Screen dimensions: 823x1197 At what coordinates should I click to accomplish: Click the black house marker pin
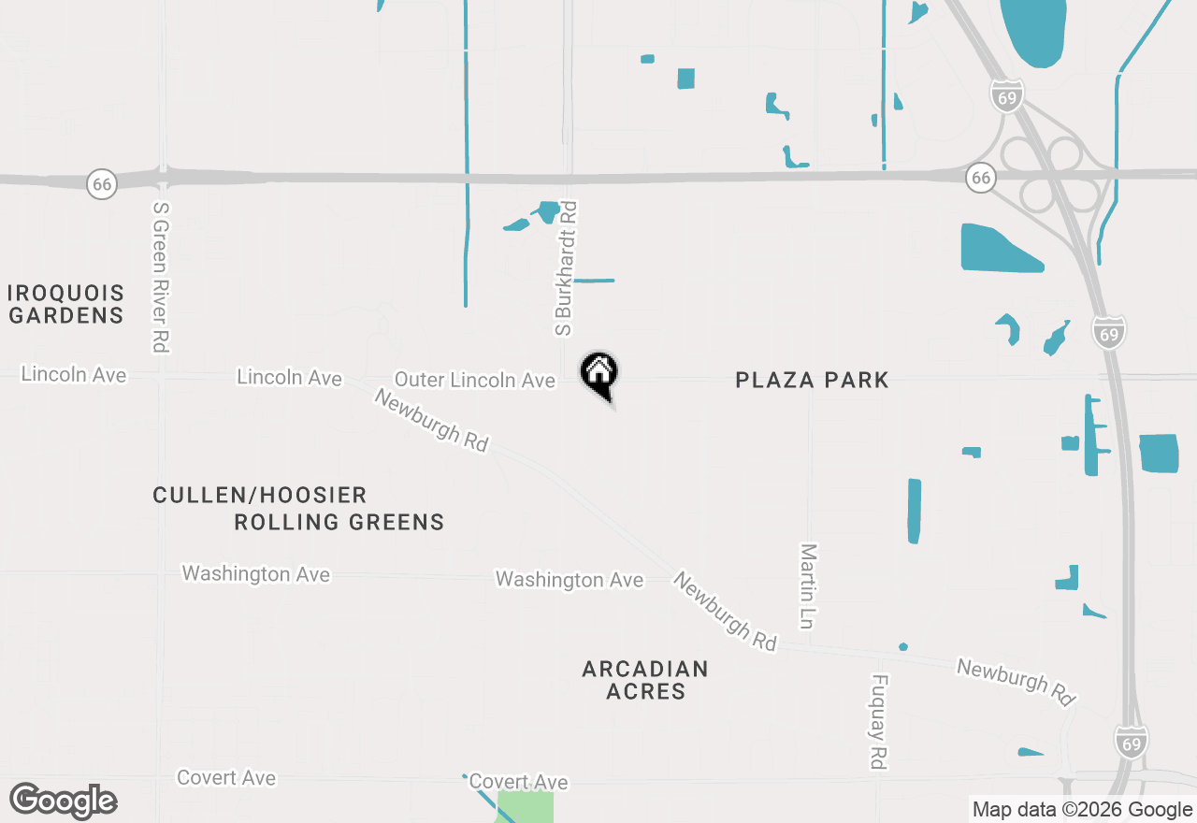599,374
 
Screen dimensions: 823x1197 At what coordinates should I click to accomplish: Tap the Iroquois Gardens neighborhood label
65,304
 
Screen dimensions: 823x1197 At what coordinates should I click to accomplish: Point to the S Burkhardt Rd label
566,268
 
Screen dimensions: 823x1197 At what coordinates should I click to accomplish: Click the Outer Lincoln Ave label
475,380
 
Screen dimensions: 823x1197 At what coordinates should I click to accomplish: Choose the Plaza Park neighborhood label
812,380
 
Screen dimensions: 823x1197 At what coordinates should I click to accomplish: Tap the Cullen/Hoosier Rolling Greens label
299,508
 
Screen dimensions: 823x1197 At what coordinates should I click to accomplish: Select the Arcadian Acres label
645,680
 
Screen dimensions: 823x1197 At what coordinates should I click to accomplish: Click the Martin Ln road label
808,585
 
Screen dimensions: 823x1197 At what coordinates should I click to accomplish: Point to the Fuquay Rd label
877,721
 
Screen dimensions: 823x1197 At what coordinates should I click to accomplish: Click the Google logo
64,801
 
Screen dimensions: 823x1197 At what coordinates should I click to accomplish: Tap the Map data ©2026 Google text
1082,810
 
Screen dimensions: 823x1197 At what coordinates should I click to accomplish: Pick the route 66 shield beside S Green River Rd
102,183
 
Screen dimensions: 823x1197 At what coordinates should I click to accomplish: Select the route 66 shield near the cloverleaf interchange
979,177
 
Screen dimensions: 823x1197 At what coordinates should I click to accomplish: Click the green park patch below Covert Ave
525,806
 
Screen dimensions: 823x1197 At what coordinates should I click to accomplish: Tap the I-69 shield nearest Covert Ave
1132,743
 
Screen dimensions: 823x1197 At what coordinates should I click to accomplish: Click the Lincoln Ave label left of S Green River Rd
74,374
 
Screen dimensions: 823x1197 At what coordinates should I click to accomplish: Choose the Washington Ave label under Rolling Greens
255,573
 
